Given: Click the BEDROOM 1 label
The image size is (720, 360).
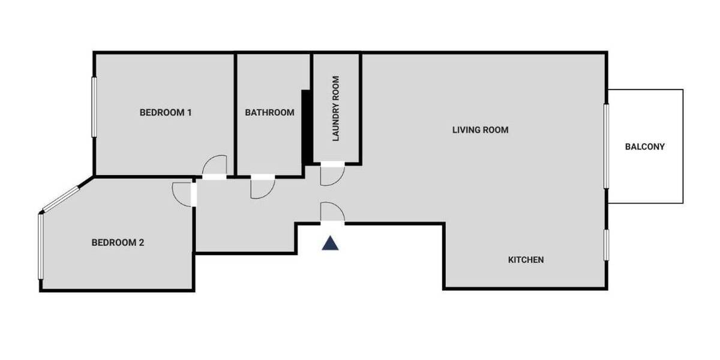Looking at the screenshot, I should pyautogui.click(x=166, y=112).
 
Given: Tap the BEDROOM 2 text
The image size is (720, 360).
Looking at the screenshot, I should pyautogui.click(x=118, y=243).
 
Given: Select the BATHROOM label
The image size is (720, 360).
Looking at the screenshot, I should pyautogui.click(x=269, y=112).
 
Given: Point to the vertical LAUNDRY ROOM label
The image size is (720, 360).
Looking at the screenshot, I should pyautogui.click(x=336, y=109).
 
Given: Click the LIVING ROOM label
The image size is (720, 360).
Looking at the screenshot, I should pyautogui.click(x=480, y=130).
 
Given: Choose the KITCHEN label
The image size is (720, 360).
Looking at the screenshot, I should pyautogui.click(x=526, y=260).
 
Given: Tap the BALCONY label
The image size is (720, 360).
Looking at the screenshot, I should pyautogui.click(x=644, y=146).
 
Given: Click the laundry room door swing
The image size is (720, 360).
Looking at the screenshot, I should pyautogui.click(x=332, y=175).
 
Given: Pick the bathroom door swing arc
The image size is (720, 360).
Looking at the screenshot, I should pyautogui.click(x=262, y=188).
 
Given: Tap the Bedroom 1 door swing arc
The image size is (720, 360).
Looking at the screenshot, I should pyautogui.click(x=214, y=166).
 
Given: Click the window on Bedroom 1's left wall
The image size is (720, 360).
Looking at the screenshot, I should pyautogui.click(x=94, y=107).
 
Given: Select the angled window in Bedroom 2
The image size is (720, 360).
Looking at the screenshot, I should pyautogui.click(x=60, y=199).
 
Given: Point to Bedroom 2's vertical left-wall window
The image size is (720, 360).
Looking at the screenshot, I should pyautogui.click(x=41, y=246).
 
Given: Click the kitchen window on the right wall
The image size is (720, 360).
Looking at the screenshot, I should pyautogui.click(x=607, y=245).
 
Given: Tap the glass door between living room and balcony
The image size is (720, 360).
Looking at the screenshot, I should pyautogui.click(x=607, y=146).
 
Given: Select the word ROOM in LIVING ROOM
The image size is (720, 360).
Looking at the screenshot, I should pyautogui.click(x=496, y=130).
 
